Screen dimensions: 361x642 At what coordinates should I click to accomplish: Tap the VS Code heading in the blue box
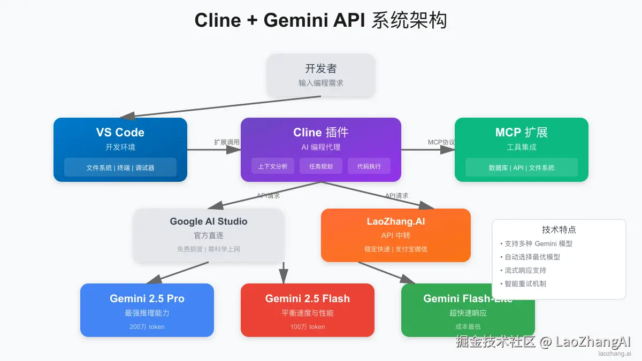click(x=120, y=133)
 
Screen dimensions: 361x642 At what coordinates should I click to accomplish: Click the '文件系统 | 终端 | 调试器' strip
click(x=120, y=167)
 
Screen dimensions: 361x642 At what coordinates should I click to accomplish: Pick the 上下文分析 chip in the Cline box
click(x=273, y=166)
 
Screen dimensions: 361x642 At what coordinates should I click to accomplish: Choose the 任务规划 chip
click(x=321, y=166)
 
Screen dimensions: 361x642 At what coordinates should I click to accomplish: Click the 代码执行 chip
click(x=369, y=166)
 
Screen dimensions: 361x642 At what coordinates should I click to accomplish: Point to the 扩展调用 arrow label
click(x=227, y=142)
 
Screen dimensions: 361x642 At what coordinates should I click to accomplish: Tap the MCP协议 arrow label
click(x=441, y=142)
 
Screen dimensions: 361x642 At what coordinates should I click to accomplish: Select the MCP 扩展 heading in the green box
click(x=522, y=133)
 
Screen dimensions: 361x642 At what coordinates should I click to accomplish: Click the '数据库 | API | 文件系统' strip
click(x=522, y=167)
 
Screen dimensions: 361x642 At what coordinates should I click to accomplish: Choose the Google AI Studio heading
click(x=209, y=221)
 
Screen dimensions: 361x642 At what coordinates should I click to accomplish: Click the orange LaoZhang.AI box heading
click(x=396, y=221)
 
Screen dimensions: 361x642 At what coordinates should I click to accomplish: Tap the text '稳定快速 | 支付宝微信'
click(x=396, y=249)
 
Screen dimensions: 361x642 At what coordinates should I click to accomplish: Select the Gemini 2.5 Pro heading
click(x=147, y=298)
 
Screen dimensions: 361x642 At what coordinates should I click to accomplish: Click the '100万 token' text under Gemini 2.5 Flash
click(x=308, y=327)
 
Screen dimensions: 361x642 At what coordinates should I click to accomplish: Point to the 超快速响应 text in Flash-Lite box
click(x=468, y=313)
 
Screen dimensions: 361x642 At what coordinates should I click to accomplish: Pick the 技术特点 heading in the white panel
click(x=559, y=230)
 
